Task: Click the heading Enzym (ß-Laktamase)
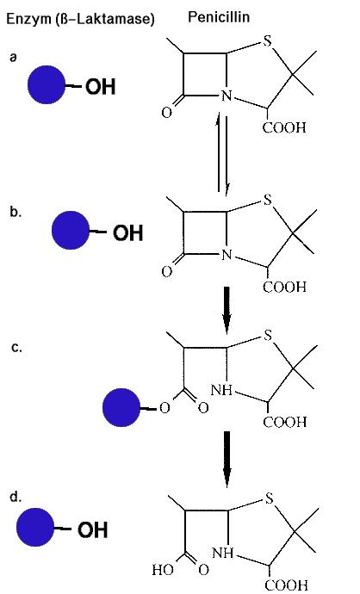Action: pos(80,19)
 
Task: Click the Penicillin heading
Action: pos(219,16)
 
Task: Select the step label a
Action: pos(14,57)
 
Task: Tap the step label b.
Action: pos(16,212)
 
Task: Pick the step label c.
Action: pos(16,348)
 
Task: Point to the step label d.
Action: pos(16,497)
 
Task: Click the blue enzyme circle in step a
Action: pos(47,84)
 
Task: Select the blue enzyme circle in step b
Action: pos(71,230)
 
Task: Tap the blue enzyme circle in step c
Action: pos(121,407)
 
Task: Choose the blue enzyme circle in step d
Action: pos(35,527)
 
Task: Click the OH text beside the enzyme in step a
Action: pos(100,86)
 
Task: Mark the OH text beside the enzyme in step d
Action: pos(92,529)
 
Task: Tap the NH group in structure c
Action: pos(221,390)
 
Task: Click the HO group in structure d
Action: pos(163,570)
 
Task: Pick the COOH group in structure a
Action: pos(284,127)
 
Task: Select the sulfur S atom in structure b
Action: pos(268,200)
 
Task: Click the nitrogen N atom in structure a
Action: pos(227,96)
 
